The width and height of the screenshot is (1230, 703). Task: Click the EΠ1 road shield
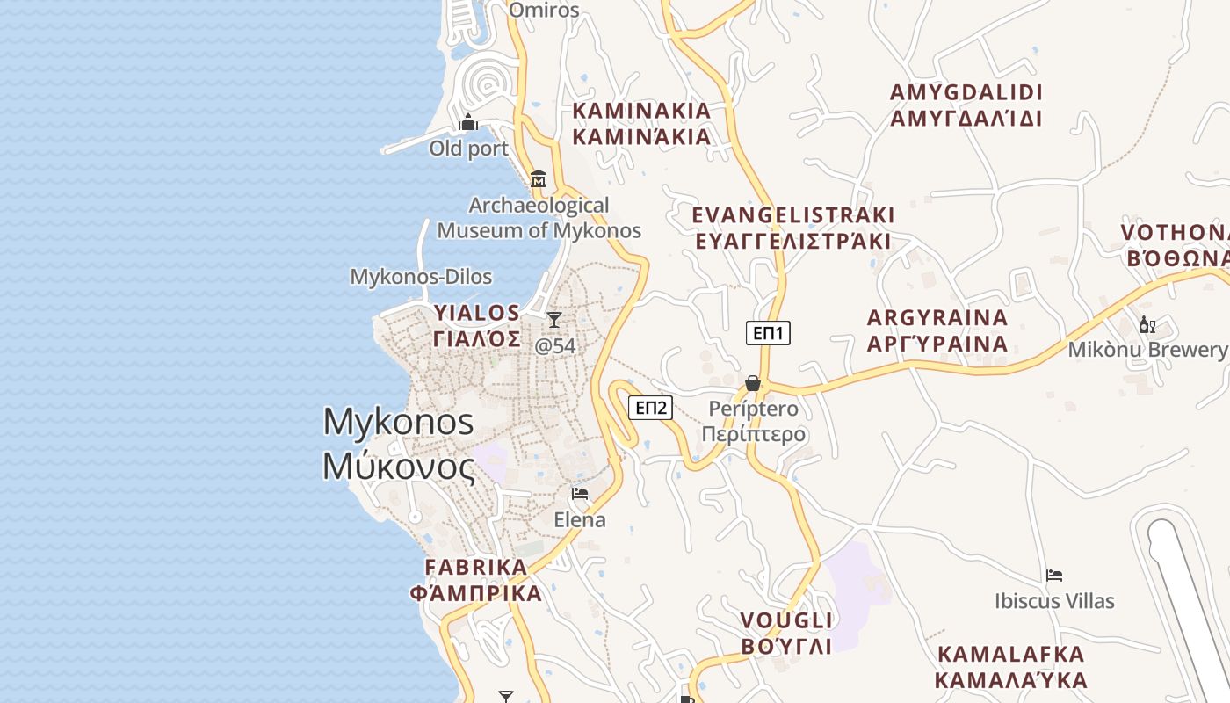tap(768, 333)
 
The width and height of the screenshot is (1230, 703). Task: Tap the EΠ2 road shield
tap(651, 407)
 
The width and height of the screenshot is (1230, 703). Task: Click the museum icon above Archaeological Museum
tap(539, 180)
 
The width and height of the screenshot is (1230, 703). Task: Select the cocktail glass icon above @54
tap(554, 319)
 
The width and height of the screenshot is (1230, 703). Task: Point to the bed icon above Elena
tap(579, 494)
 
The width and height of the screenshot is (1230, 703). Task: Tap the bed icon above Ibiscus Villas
tap(1054, 576)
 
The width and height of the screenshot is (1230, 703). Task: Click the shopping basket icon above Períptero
tap(753, 383)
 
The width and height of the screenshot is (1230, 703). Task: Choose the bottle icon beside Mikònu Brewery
tap(1147, 325)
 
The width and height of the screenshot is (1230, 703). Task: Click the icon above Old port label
tap(468, 122)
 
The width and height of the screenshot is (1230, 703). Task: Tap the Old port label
tap(468, 149)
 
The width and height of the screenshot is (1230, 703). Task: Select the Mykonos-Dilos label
tap(421, 277)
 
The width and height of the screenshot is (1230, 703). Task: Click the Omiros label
tap(545, 11)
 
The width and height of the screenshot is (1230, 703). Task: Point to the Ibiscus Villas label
tap(1054, 601)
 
